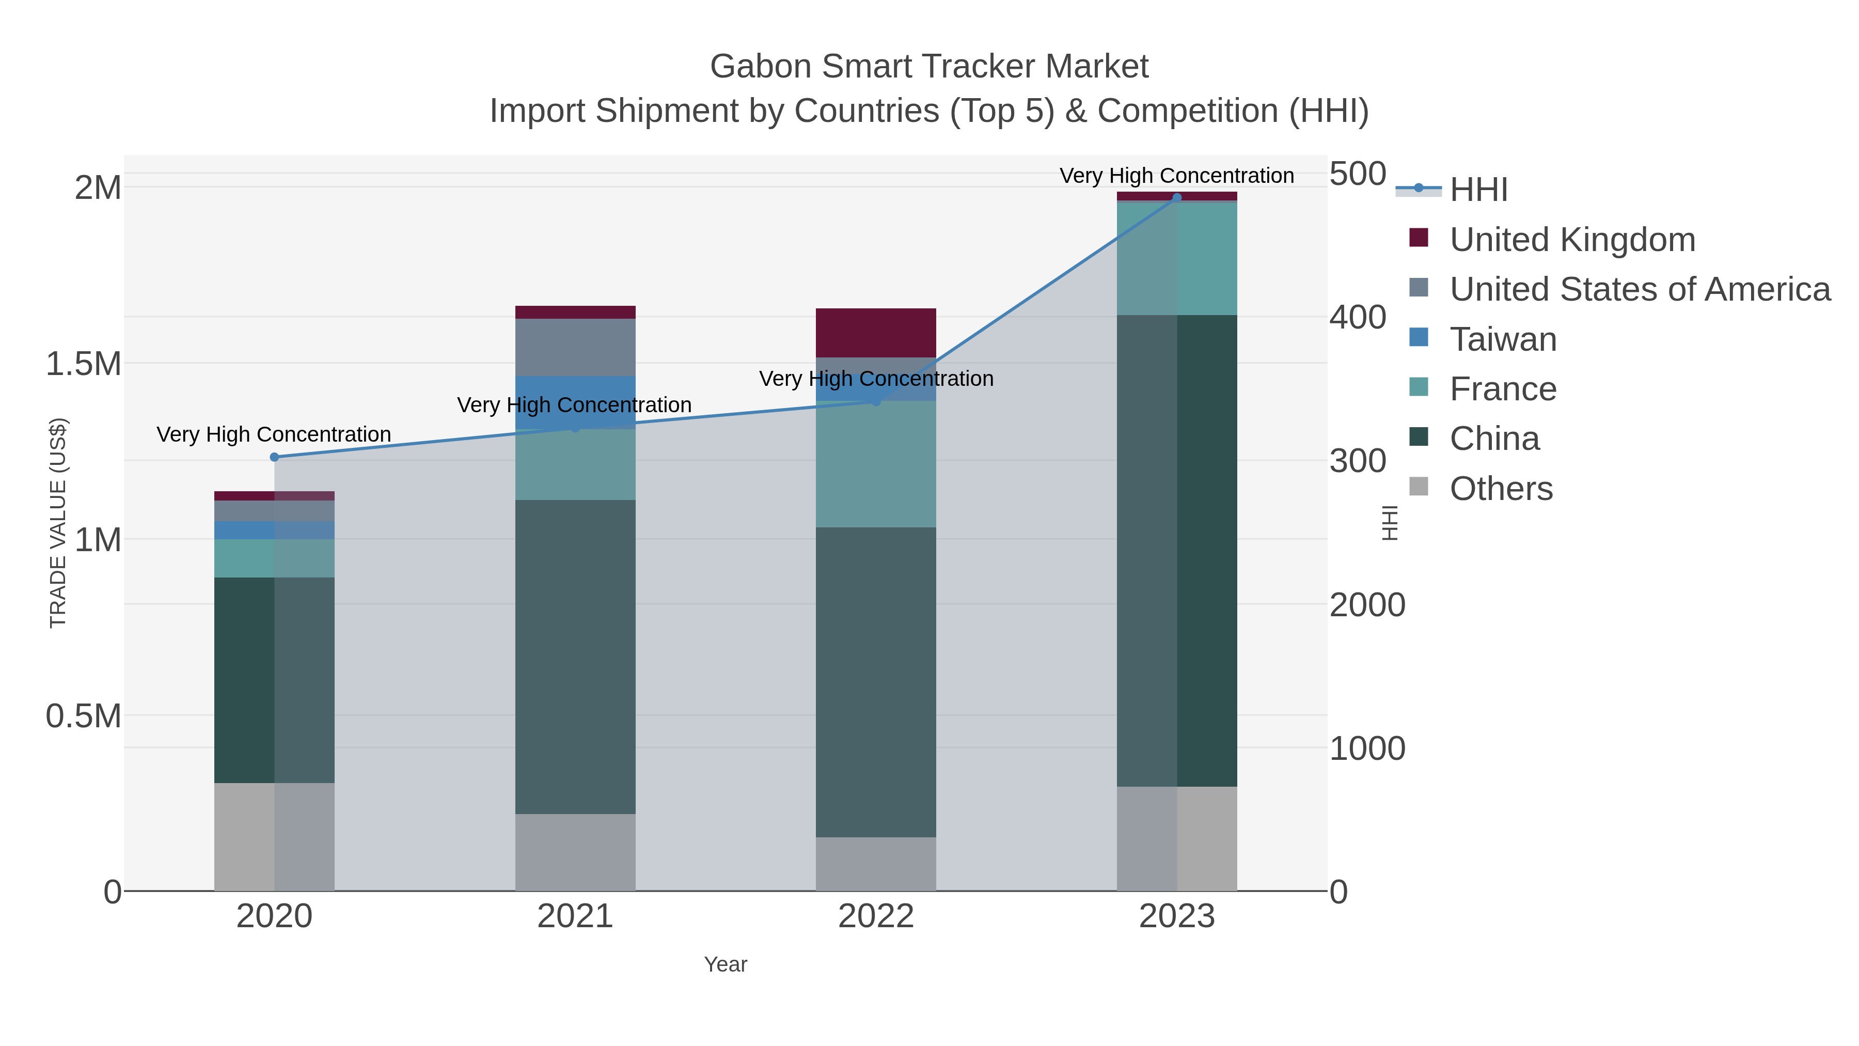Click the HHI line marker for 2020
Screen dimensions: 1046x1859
tap(274, 457)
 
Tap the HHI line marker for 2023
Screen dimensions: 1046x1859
tap(1177, 197)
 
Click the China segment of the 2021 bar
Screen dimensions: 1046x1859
tap(575, 657)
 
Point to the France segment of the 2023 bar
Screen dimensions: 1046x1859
tap(1177, 258)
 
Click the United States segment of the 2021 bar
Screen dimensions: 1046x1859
tap(575, 347)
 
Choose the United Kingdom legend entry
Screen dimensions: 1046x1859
tap(1572, 240)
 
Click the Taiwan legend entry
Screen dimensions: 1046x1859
tap(1503, 339)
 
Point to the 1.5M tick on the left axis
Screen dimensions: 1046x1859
tap(84, 364)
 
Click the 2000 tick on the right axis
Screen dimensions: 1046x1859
tap(1367, 605)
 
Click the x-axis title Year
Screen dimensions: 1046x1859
tap(726, 964)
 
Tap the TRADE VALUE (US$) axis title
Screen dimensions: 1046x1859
tap(58, 523)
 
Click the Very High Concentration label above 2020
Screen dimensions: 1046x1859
tap(274, 434)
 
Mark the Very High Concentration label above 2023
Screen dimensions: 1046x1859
tap(1176, 176)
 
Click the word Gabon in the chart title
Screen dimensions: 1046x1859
tap(761, 67)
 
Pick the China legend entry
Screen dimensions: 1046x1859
tap(1494, 439)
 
